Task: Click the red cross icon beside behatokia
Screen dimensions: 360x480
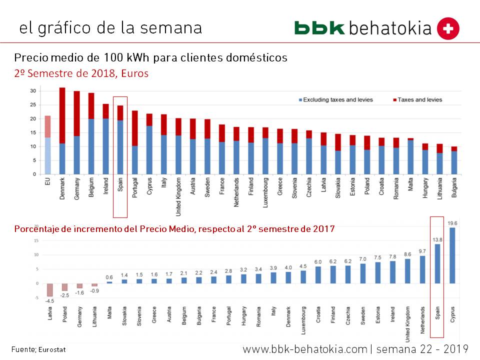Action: click(448, 29)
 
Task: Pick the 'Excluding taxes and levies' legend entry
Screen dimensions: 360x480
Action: click(334, 99)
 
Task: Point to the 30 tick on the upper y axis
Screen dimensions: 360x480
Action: click(33, 91)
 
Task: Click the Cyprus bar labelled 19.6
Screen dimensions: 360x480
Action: click(452, 255)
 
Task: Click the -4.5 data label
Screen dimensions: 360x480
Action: click(49, 300)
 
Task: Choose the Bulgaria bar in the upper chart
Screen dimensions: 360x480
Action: click(454, 160)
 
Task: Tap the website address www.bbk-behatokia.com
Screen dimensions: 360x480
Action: click(305, 348)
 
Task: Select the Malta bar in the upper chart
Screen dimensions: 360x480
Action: click(411, 156)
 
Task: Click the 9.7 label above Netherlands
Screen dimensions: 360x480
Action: click(422, 251)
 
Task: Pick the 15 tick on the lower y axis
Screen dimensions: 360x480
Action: click(36, 240)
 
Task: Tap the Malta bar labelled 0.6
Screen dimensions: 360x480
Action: click(109, 282)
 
